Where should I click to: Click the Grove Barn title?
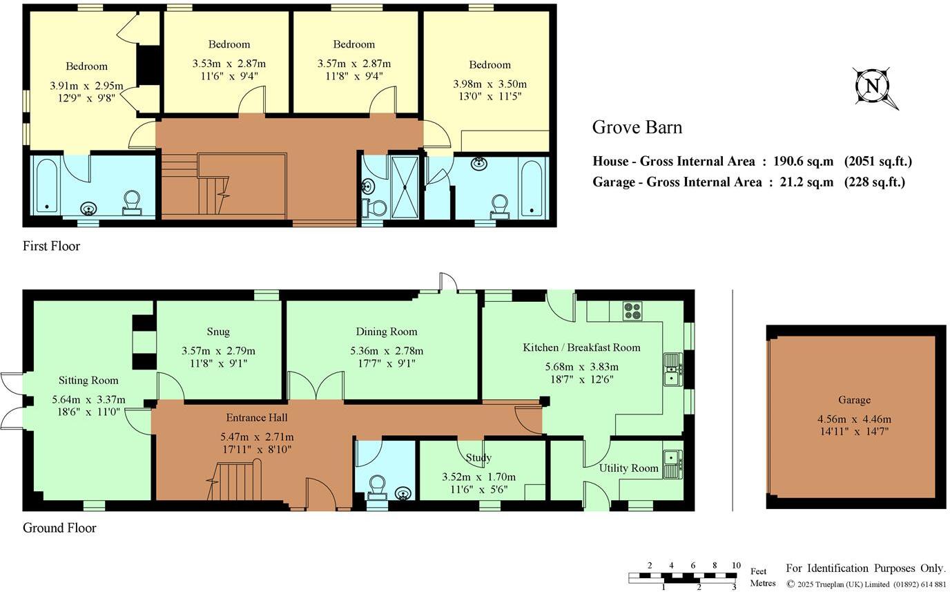(637, 127)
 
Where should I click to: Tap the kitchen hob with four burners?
(632, 312)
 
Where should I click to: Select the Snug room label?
(217, 332)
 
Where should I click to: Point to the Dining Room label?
(386, 332)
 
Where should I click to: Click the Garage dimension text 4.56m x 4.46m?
(854, 419)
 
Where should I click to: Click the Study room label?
(478, 457)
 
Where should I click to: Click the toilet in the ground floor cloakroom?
(377, 486)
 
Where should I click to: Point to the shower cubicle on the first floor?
(404, 187)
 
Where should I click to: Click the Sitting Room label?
(88, 380)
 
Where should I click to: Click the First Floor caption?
(51, 246)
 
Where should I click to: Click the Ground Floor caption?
(59, 528)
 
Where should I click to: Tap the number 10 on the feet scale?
(736, 566)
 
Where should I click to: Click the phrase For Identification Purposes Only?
(865, 568)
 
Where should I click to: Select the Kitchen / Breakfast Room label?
(581, 347)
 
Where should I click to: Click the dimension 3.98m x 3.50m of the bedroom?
(489, 84)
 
